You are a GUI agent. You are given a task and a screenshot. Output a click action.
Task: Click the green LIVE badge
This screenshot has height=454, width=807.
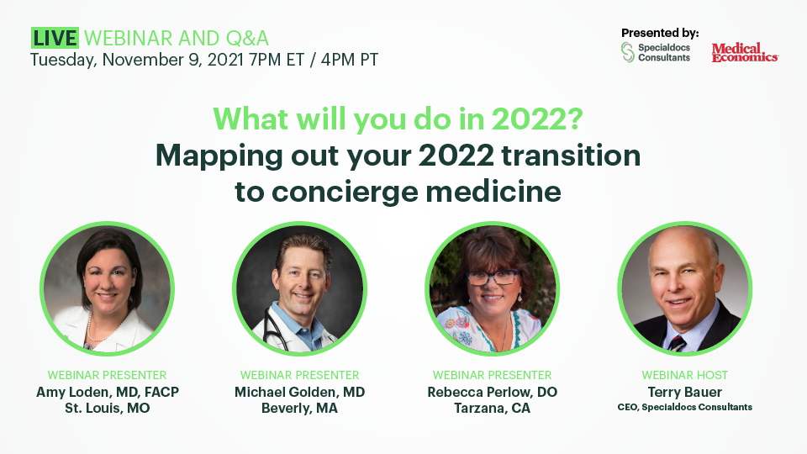[55, 38]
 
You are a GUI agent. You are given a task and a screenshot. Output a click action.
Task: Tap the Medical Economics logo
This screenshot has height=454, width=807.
[745, 52]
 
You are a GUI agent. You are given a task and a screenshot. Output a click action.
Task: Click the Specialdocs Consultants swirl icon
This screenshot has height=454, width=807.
[627, 52]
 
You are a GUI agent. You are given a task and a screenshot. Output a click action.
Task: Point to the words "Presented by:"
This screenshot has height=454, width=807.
[660, 33]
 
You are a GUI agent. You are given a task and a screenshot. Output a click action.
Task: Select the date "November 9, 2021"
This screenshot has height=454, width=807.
[173, 60]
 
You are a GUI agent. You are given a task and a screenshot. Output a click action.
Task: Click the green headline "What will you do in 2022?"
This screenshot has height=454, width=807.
[398, 119]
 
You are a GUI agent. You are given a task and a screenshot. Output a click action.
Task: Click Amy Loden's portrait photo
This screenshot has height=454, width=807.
[107, 288]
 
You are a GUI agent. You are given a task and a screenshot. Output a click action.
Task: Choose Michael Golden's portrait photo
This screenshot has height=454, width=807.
[299, 288]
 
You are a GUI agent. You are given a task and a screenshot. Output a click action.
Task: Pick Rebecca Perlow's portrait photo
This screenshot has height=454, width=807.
[492, 288]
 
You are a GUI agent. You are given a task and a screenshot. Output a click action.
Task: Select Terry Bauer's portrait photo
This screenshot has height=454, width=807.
[684, 288]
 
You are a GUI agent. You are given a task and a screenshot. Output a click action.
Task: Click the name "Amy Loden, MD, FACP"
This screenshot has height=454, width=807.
[108, 393]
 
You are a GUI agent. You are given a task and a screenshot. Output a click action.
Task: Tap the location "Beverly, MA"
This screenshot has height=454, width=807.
[299, 409]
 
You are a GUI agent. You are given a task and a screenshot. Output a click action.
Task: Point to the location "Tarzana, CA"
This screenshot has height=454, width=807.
[492, 409]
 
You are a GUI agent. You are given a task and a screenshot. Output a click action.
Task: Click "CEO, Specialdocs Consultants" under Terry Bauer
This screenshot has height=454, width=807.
[684, 407]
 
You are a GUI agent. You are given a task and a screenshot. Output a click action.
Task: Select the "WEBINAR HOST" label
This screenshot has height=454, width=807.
[684, 375]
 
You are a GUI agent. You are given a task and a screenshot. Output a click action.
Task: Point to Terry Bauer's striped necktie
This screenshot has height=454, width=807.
[676, 343]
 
